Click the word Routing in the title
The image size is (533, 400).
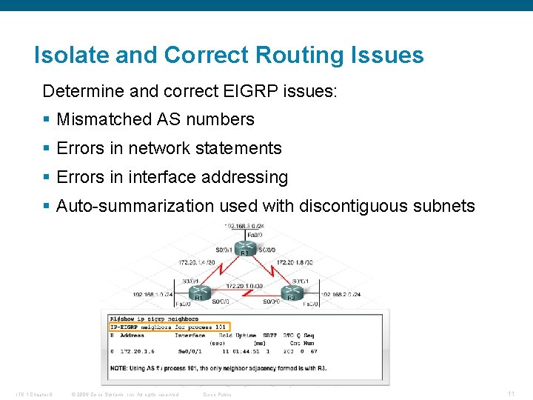298,55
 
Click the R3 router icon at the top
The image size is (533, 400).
244,248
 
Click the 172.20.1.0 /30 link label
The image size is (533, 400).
244,286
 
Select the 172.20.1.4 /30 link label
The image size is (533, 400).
197,261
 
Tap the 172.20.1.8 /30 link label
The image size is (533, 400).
295,261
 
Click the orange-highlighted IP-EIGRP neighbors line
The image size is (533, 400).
170,327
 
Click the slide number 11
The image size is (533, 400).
510,393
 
